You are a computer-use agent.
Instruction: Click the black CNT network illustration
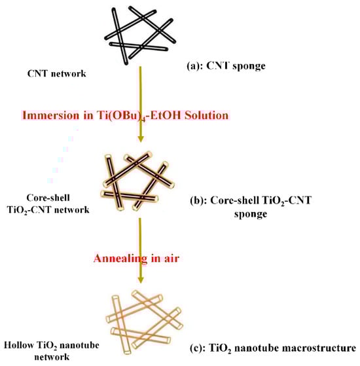138,32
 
